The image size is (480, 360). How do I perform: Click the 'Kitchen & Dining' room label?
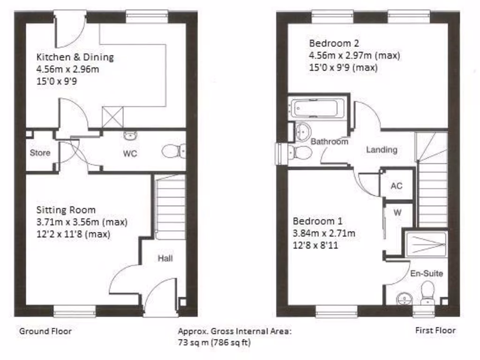[75, 58]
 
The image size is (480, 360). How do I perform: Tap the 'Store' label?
[40, 153]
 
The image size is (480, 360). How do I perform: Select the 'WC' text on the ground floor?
[130, 153]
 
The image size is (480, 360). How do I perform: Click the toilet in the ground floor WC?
[173, 151]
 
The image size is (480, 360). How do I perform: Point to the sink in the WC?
[130, 136]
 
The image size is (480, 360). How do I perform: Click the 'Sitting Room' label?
[66, 210]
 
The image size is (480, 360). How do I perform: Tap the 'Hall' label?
[165, 258]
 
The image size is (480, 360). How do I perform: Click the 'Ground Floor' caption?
[45, 331]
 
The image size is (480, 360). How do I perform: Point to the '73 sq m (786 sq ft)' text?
[214, 342]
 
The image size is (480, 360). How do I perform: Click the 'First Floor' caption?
[435, 330]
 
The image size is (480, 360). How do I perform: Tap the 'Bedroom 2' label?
[334, 44]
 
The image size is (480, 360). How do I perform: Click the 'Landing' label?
[382, 150]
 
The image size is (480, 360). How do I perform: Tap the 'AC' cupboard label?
[397, 186]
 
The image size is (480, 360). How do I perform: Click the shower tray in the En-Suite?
[426, 244]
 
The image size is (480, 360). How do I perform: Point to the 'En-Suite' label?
[427, 273]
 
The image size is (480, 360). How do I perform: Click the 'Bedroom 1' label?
[317, 221]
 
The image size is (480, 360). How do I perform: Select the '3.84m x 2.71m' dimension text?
[324, 233]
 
